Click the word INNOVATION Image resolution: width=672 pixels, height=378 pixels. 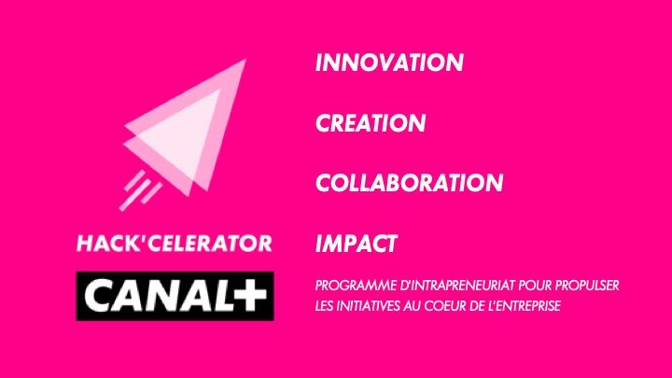coord(389,63)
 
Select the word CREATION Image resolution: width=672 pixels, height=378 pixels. coord(371,123)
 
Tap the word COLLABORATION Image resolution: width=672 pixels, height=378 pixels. coord(410,183)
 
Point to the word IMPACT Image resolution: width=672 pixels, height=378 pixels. coord(357,244)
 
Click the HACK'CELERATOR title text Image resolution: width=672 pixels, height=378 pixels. coord(175,244)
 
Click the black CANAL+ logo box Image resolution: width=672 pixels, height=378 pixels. coord(175,296)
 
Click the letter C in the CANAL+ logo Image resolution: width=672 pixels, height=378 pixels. coord(100,296)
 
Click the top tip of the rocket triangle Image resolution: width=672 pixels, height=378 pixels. coord(245,60)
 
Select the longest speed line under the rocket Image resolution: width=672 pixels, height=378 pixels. coord(135,195)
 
